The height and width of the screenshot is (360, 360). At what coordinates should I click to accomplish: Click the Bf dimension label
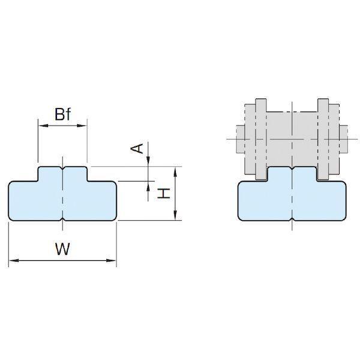(x=63, y=114)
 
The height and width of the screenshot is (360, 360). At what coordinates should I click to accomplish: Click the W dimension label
(x=62, y=248)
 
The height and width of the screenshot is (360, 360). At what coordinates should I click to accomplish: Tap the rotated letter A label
(x=137, y=149)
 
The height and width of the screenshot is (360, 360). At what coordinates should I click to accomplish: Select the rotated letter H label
(x=163, y=193)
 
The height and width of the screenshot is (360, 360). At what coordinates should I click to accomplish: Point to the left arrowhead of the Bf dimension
(x=43, y=125)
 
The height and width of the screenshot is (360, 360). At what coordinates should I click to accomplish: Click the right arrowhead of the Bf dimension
(x=82, y=125)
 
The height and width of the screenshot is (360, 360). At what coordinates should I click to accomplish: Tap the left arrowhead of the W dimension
(x=14, y=260)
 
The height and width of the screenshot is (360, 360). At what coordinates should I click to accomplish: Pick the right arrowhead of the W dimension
(x=111, y=260)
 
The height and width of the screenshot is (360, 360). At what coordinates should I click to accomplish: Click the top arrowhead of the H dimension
(x=175, y=172)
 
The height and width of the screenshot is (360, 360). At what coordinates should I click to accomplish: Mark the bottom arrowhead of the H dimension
(x=175, y=215)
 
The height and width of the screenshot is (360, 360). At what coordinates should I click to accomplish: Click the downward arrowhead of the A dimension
(x=148, y=161)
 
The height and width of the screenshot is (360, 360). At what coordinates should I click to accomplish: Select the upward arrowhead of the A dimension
(x=148, y=187)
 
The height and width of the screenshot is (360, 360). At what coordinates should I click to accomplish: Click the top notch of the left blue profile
(x=62, y=168)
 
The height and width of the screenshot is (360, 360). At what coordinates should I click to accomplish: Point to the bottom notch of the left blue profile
(x=62, y=219)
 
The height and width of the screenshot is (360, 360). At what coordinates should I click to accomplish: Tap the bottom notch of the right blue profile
(x=292, y=219)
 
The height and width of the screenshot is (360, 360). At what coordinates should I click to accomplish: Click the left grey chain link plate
(x=261, y=139)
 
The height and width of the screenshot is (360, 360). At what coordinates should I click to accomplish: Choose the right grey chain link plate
(x=323, y=139)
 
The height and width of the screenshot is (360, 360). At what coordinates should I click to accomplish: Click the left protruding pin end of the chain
(x=241, y=139)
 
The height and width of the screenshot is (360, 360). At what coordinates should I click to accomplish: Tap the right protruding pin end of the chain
(x=344, y=139)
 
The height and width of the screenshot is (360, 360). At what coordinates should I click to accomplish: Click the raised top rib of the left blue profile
(x=62, y=174)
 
